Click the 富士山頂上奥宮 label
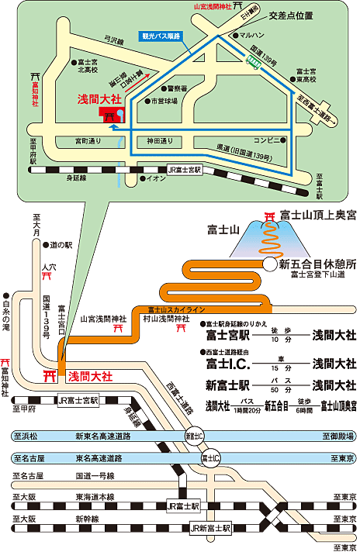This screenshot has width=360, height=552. click(x=318, y=214)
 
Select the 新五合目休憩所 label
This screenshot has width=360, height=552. click(x=317, y=264)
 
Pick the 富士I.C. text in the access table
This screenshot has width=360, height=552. click(x=227, y=362)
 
